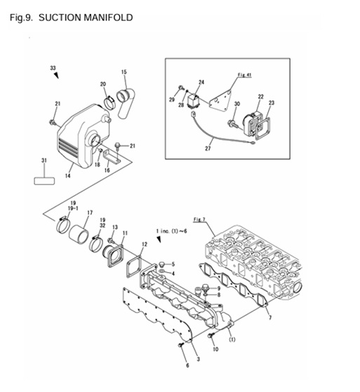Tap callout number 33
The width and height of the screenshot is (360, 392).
click(53, 67)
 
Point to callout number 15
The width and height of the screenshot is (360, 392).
click(124, 72)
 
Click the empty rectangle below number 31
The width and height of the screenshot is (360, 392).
click(44, 180)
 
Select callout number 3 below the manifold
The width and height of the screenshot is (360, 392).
click(198, 359)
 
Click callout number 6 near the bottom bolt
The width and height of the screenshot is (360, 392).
click(187, 365)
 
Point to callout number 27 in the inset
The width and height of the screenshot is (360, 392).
click(207, 149)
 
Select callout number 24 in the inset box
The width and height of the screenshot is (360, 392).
click(201, 81)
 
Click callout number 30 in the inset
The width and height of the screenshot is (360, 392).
click(236, 104)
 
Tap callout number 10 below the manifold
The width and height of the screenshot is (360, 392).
click(215, 348)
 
